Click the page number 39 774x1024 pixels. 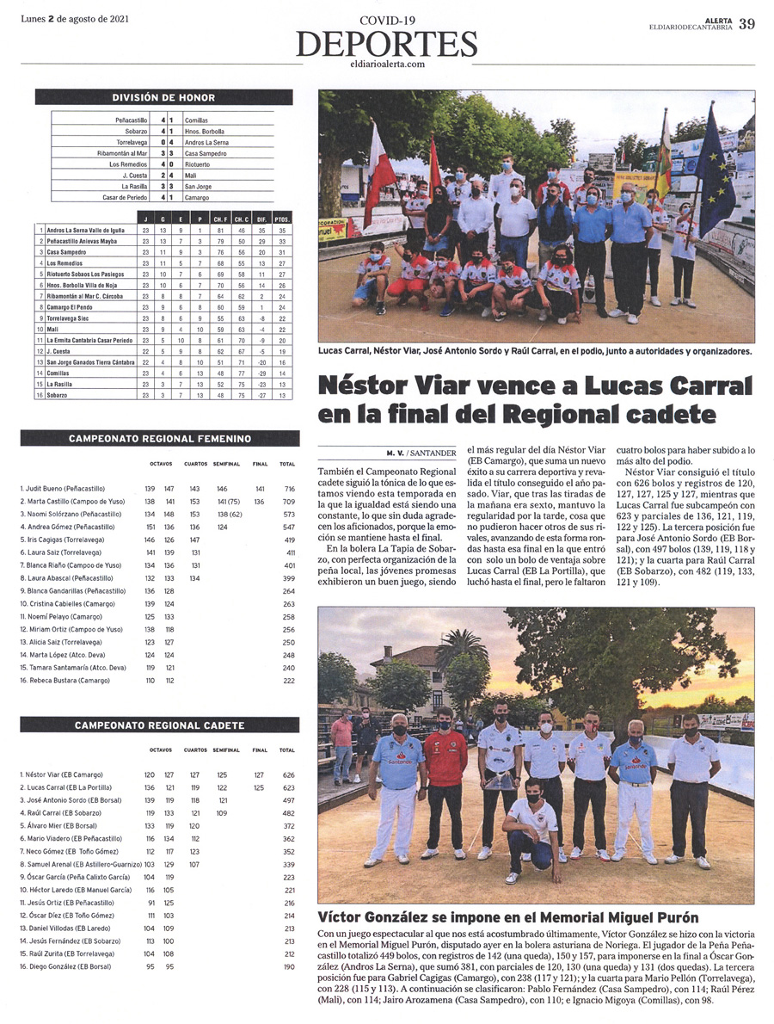pyautogui.click(x=746, y=23)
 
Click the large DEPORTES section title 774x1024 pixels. pyautogui.click(x=386, y=44)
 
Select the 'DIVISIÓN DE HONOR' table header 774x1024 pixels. pyautogui.click(x=163, y=97)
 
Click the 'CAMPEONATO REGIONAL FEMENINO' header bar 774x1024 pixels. pyautogui.click(x=160, y=439)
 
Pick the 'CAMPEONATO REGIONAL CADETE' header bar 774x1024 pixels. pyautogui.click(x=160, y=725)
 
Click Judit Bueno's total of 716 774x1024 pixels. pyautogui.click(x=287, y=488)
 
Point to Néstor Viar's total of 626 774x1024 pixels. pyautogui.click(x=287, y=774)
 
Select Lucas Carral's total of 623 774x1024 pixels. pyautogui.click(x=287, y=787)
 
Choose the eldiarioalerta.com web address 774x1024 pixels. pyautogui.click(x=388, y=64)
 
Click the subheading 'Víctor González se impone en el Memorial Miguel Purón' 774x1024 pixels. pyautogui.click(x=508, y=917)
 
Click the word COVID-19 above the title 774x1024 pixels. pyautogui.click(x=387, y=20)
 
